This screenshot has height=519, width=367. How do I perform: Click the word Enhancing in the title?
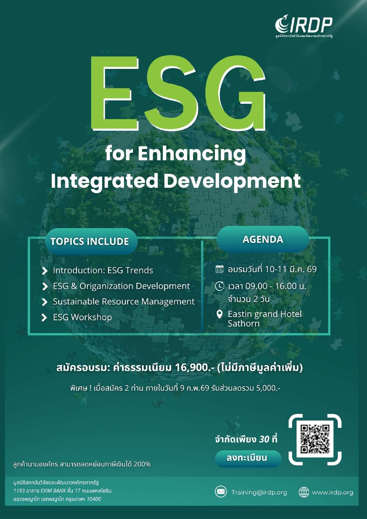tap(192, 154)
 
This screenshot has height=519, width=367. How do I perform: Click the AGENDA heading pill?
tap(263, 239)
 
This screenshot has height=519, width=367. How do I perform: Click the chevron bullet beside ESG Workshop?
tap(44, 317)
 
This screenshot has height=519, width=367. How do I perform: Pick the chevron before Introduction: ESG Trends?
tap(44, 271)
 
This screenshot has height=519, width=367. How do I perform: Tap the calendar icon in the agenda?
tap(220, 269)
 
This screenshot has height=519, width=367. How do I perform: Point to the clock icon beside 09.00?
tap(220, 286)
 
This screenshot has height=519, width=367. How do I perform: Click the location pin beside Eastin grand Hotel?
tap(219, 314)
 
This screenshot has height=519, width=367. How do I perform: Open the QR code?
tap(315, 439)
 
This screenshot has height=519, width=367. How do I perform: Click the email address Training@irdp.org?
tap(259, 493)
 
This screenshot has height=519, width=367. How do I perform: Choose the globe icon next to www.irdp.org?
tap(304, 492)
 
